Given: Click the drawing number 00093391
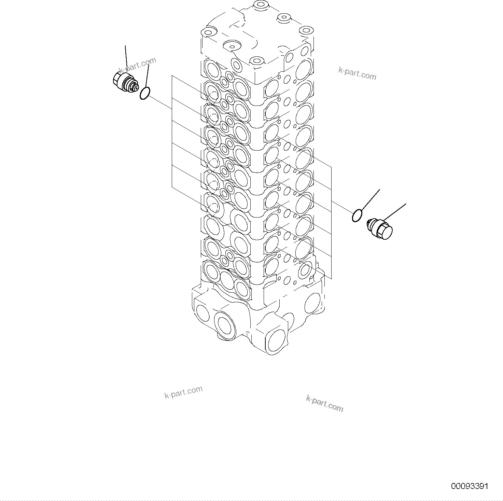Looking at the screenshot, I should click(x=470, y=486).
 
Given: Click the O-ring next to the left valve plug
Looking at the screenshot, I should click(x=145, y=93).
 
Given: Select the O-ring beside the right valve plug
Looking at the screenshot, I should click(x=356, y=216).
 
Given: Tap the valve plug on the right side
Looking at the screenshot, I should click(x=380, y=229).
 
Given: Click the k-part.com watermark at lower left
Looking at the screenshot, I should click(x=183, y=392).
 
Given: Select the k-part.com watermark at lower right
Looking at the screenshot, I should click(x=324, y=403).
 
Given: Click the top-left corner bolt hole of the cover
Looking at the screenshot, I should click(x=208, y=32).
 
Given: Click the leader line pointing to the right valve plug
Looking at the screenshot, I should click(x=395, y=212).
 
